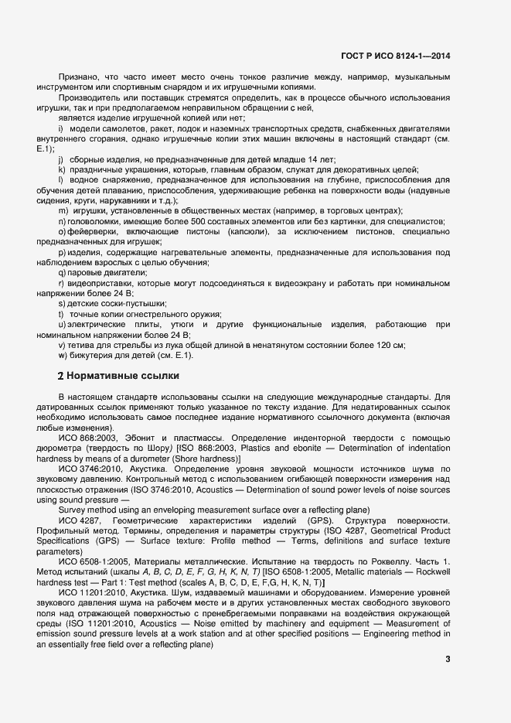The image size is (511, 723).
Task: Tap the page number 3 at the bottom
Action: coord(448,659)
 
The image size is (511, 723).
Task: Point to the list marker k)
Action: coord(60,169)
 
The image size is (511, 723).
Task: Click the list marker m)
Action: coord(62,211)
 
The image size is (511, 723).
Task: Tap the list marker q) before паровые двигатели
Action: coord(61,273)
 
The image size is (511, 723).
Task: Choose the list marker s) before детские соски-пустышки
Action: coord(61,304)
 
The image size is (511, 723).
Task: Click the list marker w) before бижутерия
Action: coord(62,355)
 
